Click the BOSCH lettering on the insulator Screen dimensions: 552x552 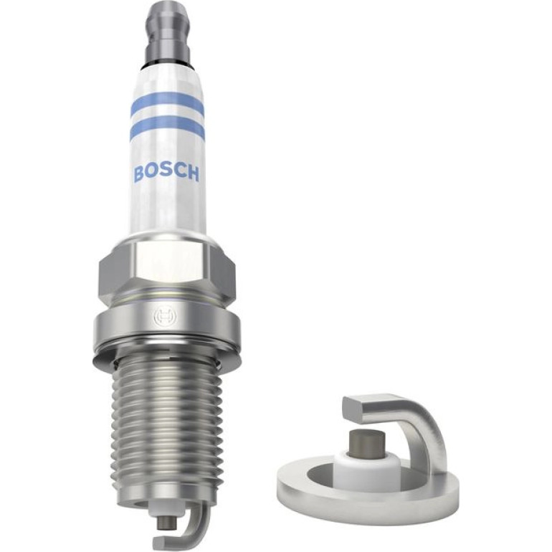[166, 173]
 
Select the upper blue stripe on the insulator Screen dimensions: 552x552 [168, 103]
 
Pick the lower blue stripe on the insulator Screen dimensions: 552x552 [168, 128]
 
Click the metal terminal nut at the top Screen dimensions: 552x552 [168, 34]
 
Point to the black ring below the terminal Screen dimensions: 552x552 [168, 67]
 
